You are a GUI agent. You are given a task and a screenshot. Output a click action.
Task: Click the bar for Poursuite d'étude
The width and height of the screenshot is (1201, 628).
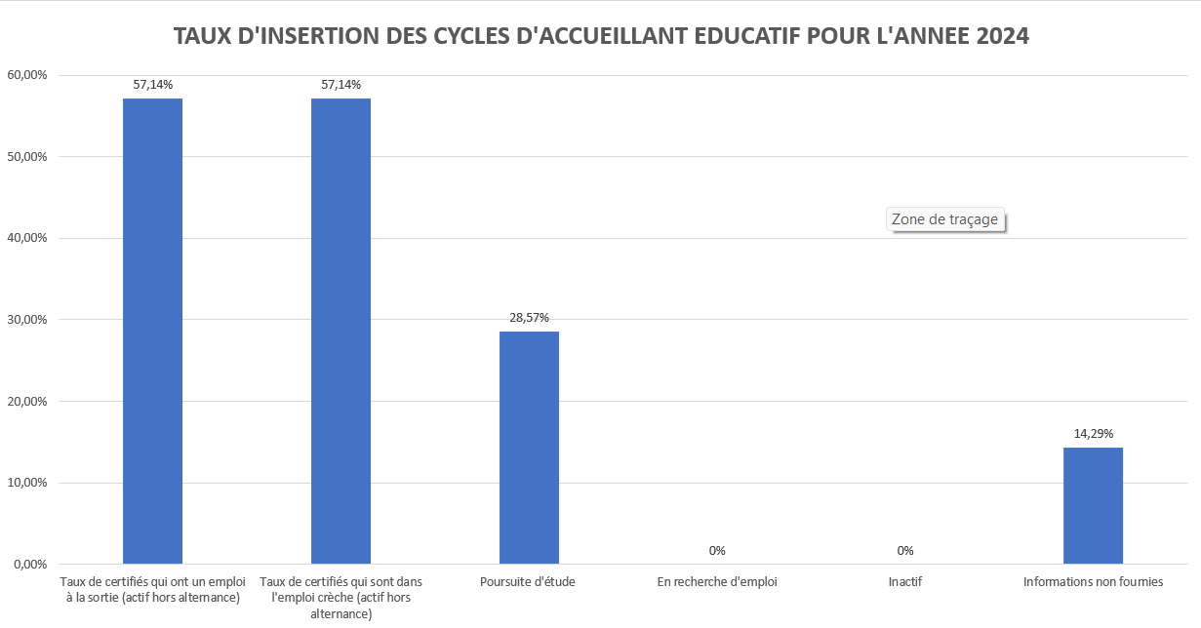tap(529, 448)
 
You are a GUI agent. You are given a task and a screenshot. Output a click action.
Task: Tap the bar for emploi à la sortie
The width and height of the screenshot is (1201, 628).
tap(152, 332)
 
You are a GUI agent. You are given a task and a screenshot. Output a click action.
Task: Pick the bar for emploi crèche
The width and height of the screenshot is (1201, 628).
tap(340, 332)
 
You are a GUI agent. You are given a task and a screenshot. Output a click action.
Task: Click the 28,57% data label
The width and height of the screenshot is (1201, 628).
tap(529, 318)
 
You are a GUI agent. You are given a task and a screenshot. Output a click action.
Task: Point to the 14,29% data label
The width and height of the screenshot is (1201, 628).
tap(1093, 433)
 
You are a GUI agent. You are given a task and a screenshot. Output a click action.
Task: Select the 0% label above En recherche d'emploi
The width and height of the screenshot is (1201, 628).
tap(717, 551)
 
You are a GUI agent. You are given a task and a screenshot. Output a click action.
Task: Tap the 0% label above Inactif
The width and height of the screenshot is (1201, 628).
tap(905, 551)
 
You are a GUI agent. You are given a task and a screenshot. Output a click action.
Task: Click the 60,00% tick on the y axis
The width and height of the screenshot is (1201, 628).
tap(26, 75)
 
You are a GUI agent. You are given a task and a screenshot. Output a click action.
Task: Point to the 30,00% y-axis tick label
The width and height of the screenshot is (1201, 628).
tap(26, 320)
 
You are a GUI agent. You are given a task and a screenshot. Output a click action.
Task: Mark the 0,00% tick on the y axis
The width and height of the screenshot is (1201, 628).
tap(29, 564)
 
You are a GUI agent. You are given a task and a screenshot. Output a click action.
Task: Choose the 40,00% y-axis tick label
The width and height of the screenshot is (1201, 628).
tap(26, 238)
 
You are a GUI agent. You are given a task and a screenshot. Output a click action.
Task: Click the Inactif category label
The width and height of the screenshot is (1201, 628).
tap(905, 582)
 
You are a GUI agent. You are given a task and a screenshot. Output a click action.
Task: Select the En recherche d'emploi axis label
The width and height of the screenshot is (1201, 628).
tap(717, 582)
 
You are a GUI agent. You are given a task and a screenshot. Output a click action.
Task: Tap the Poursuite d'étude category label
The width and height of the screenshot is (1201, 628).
tap(528, 582)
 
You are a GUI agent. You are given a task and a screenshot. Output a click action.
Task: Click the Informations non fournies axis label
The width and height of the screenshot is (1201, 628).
tap(1093, 582)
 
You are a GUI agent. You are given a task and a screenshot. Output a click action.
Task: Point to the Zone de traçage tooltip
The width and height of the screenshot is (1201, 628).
tap(944, 219)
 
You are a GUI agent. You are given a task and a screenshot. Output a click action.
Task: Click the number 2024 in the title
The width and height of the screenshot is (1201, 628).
tap(1002, 36)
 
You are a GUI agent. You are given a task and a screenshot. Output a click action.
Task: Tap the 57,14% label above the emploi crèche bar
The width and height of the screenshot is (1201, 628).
tap(340, 85)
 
